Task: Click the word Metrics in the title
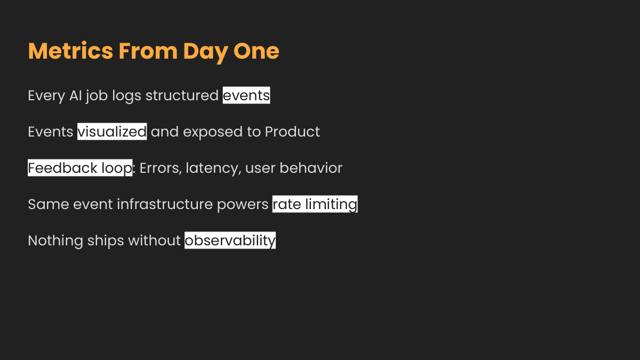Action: (70, 51)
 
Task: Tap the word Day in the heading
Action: (205, 53)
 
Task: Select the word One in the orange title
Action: (257, 51)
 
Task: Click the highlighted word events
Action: (246, 95)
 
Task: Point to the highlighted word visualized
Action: (112, 131)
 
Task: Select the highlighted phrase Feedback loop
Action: (80, 167)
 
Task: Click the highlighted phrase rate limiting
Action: (315, 204)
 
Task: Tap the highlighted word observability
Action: (230, 241)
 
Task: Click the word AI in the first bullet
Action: (75, 95)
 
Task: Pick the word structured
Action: (182, 95)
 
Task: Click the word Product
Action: (292, 132)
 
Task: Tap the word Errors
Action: (161, 169)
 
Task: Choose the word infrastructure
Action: (165, 204)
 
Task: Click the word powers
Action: (243, 205)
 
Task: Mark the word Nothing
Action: (55, 241)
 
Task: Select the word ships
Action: (106, 241)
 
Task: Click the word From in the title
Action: (148, 51)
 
